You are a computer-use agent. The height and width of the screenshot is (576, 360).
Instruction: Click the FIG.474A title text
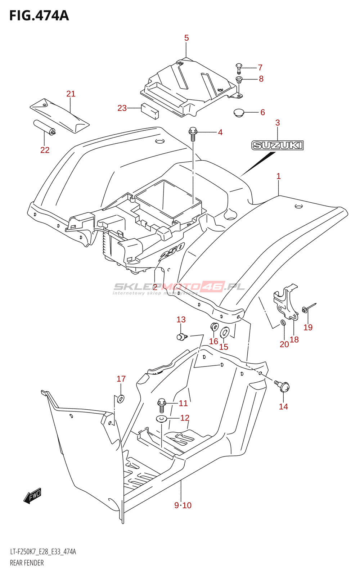pyautogui.click(x=39, y=15)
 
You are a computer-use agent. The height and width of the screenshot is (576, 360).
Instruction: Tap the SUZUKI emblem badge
pyautogui.click(x=277, y=145)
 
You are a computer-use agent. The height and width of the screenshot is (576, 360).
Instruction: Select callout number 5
pyautogui.click(x=186, y=38)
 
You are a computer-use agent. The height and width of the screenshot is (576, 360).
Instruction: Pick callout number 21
pyautogui.click(x=71, y=94)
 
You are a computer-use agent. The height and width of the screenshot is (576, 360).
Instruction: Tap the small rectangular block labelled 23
pyautogui.click(x=149, y=111)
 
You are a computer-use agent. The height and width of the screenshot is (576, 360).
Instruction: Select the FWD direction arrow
pyautogui.click(x=32, y=496)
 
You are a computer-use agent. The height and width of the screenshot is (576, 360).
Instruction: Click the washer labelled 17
pyautogui.click(x=121, y=399)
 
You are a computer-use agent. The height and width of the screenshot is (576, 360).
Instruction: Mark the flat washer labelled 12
pyautogui.click(x=161, y=419)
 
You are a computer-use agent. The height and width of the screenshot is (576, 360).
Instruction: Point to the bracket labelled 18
pyautogui.click(x=286, y=304)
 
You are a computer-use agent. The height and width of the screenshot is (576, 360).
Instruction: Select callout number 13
pyautogui.click(x=181, y=320)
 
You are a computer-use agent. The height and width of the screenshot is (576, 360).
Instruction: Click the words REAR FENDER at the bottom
pyautogui.click(x=27, y=563)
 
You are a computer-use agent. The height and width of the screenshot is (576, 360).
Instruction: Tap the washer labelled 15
pyautogui.click(x=225, y=332)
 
